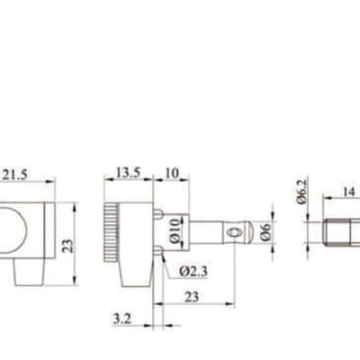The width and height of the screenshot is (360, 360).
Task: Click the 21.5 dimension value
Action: click(14, 175)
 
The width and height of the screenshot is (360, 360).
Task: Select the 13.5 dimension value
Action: click(128, 173)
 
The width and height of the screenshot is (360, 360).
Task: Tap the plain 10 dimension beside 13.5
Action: click(172, 173)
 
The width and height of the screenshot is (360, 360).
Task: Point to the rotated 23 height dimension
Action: click(68, 246)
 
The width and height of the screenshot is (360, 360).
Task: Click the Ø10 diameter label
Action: click(175, 230)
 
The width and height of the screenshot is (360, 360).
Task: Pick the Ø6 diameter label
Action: click(265, 232)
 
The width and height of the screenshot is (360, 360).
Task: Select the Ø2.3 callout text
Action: click(193, 272)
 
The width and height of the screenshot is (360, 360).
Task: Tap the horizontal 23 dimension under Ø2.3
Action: click(192, 297)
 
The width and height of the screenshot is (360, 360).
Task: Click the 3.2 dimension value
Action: click(122, 319)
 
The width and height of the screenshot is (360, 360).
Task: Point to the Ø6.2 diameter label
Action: click(302, 192)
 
